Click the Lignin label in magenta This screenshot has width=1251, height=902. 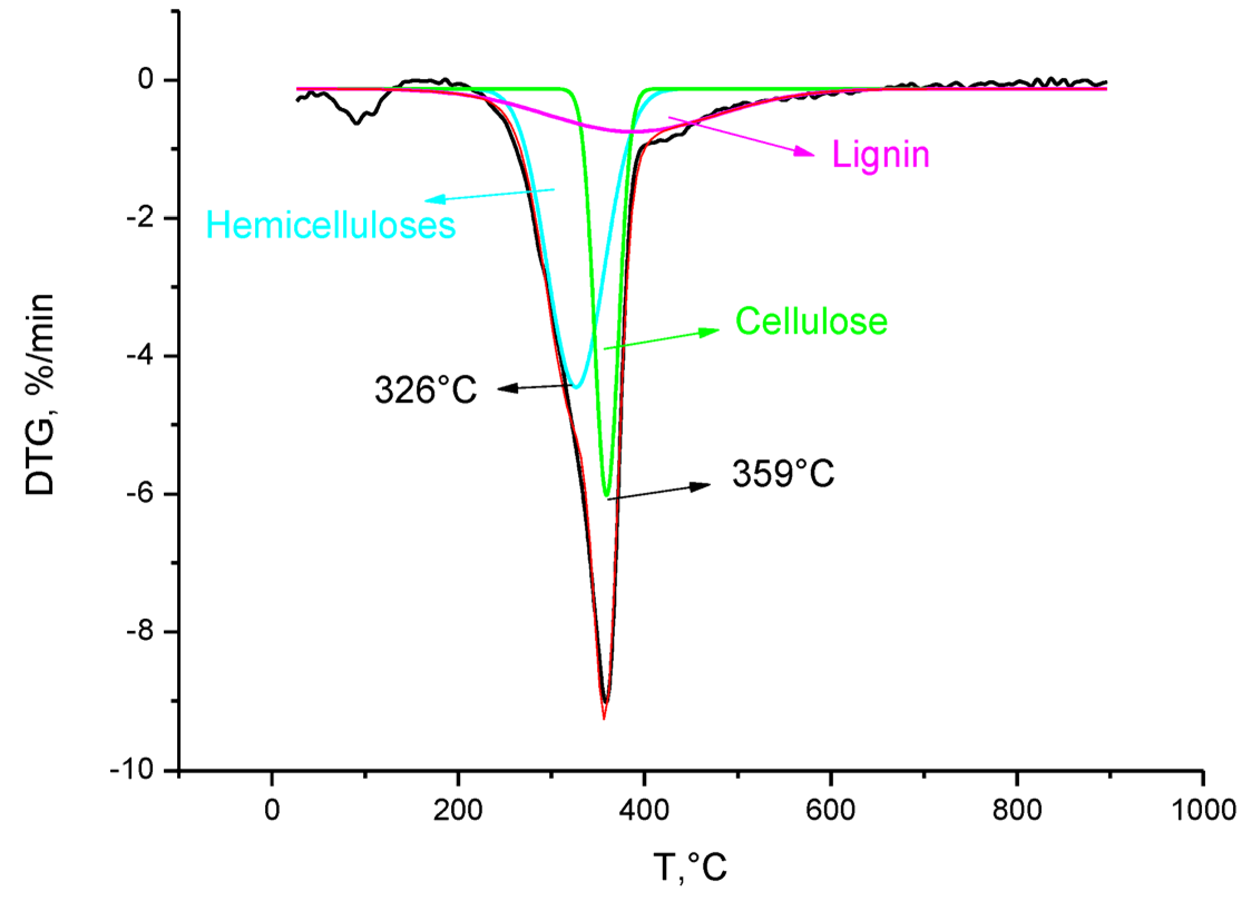881,155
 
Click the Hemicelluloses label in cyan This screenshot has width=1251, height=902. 331,227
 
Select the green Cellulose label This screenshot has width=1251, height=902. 812,321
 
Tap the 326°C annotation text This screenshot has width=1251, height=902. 426,390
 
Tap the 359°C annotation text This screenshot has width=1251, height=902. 783,474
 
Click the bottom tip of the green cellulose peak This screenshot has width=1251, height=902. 607,495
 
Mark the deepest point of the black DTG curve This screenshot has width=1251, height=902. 605,703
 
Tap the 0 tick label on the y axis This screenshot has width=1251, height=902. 146,81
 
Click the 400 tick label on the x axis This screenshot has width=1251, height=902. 644,811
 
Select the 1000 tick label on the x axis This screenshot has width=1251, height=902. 1203,811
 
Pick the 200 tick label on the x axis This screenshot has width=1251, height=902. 457,811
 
